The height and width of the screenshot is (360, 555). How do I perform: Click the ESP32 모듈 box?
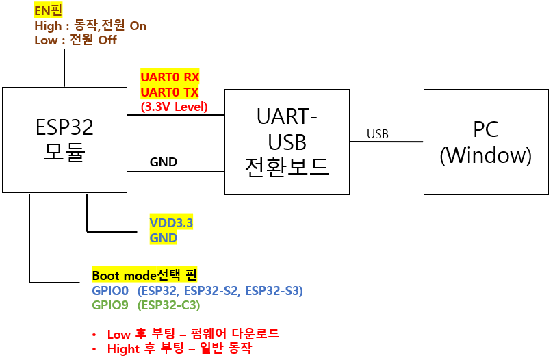(x=64, y=139)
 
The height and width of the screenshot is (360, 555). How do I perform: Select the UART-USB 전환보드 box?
(x=287, y=142)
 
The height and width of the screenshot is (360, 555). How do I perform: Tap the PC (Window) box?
(x=485, y=142)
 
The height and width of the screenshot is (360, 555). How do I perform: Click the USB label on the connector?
(x=377, y=134)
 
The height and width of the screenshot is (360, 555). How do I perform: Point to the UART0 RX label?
(x=170, y=77)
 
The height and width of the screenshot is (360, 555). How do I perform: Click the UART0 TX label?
(x=170, y=92)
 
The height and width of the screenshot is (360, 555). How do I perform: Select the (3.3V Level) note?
(x=174, y=107)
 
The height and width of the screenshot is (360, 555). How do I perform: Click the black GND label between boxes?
(x=164, y=162)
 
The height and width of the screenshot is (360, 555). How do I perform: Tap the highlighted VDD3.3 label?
(x=171, y=223)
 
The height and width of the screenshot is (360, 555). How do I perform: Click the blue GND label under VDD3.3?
(x=164, y=238)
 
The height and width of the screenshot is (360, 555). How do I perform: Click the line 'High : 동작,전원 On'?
(x=90, y=26)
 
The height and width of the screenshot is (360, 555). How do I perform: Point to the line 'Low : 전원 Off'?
(x=75, y=40)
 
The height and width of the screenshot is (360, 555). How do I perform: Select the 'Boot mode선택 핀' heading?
(x=144, y=275)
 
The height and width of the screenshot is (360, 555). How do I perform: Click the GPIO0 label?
(x=109, y=291)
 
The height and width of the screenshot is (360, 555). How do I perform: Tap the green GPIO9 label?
(x=109, y=305)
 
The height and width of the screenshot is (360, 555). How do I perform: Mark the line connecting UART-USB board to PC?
(x=387, y=142)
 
